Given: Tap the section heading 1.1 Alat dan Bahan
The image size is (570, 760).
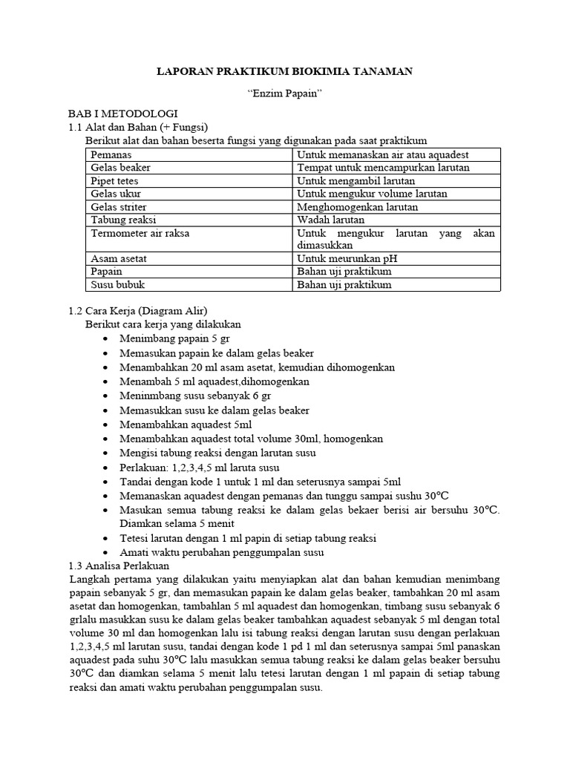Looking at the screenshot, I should [x=137, y=128].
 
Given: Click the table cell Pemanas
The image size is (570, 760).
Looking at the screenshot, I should [x=111, y=154].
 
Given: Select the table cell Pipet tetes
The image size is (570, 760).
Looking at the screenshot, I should [x=114, y=180].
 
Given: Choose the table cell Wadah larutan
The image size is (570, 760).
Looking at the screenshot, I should [x=330, y=220].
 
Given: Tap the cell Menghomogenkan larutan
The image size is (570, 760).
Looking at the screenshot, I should [x=357, y=207].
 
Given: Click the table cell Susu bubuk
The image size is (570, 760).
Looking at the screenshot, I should [x=116, y=285].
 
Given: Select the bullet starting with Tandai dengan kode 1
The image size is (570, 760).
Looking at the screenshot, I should [x=260, y=481].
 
